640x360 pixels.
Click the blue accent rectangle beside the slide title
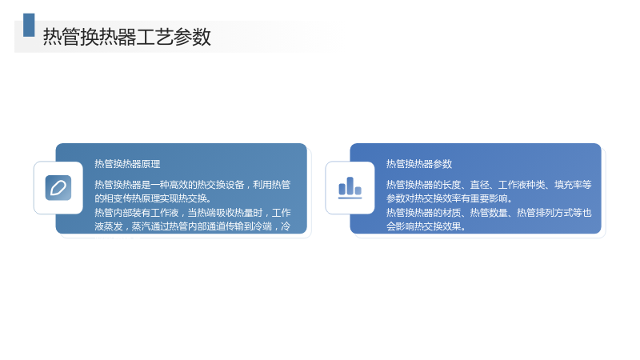point(29,25)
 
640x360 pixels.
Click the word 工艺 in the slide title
point(154,37)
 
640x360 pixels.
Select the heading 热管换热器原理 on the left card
point(127,164)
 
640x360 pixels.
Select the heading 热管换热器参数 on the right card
point(419,164)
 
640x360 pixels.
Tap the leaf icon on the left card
point(58,188)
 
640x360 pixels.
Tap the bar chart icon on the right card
point(350,188)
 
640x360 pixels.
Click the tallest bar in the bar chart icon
point(350,186)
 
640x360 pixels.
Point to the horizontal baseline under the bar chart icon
point(350,198)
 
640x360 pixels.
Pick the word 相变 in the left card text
point(114,198)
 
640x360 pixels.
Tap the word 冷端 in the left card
point(262,226)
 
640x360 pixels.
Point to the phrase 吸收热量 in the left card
point(234,213)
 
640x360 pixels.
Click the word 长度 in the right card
point(452,185)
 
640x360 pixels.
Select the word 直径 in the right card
point(479,185)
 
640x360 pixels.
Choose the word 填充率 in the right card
point(568,185)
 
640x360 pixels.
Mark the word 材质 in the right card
point(452,213)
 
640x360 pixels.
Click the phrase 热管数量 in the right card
point(489,213)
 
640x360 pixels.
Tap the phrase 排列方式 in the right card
point(554,213)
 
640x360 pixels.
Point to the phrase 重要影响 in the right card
point(489,198)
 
